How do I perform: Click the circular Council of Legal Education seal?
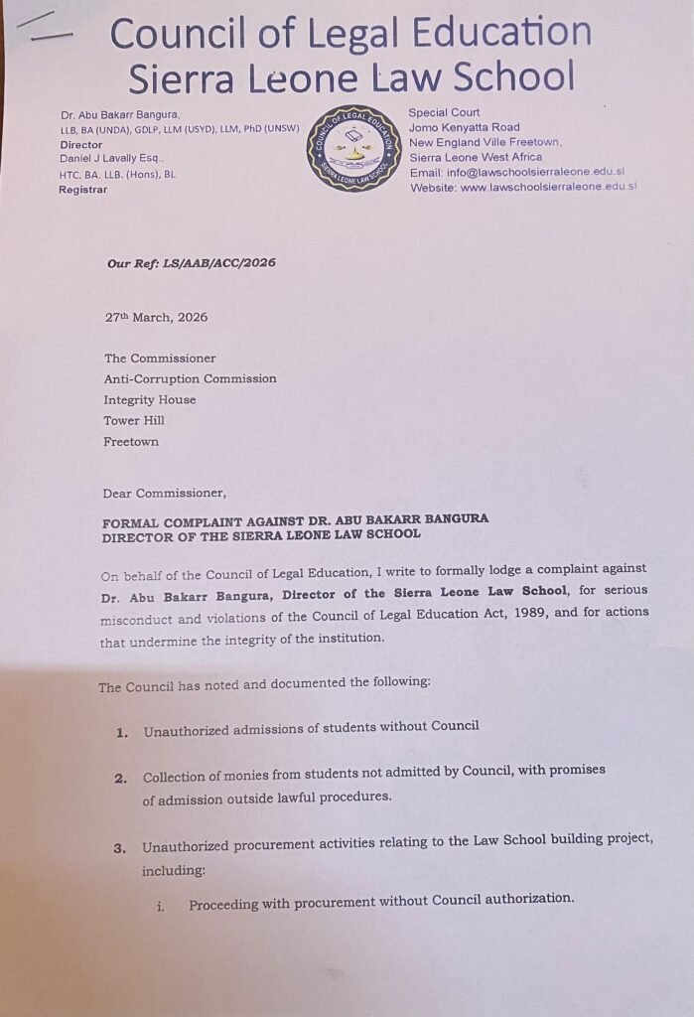351,150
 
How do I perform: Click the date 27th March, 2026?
156,317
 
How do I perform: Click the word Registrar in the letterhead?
83,189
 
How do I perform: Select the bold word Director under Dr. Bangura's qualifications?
81,145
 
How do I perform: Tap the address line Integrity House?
150,400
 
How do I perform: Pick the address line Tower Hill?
134,421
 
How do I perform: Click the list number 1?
122,733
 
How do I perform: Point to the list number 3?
119,847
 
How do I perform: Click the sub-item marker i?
160,906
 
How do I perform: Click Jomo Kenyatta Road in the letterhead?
464,127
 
